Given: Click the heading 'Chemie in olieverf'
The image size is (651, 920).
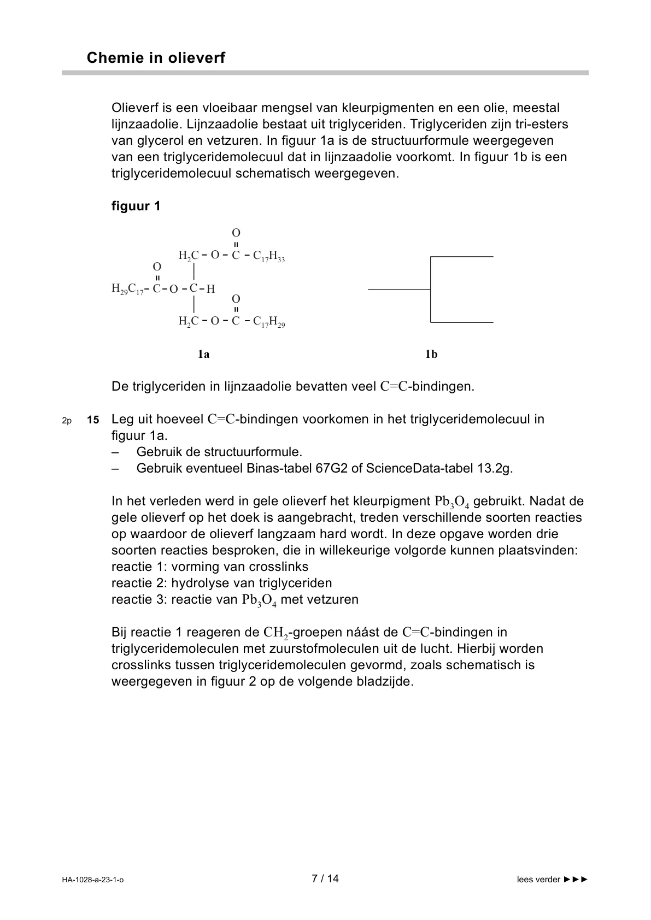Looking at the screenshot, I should (156, 58).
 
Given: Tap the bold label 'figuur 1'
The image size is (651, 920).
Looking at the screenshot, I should (136, 206).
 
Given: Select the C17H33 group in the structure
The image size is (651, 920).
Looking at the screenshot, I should (269, 256).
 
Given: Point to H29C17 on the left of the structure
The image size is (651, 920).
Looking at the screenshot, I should (127, 289).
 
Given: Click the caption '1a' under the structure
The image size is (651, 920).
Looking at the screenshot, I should (203, 354).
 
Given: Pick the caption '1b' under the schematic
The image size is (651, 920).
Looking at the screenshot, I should (431, 354).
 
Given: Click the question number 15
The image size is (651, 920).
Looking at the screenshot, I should (93, 420).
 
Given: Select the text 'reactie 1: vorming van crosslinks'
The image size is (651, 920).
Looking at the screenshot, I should (210, 567).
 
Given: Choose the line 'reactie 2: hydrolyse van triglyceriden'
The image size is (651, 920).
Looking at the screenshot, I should (221, 583).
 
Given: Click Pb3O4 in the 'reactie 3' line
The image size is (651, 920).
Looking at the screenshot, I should (259, 600).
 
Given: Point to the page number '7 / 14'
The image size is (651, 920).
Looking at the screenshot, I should (325, 878).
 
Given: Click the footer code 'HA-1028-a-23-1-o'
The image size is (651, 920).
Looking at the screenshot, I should (93, 880).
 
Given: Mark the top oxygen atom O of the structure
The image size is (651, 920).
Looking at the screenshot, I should (236, 233).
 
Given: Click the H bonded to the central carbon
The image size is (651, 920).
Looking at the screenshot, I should (211, 289).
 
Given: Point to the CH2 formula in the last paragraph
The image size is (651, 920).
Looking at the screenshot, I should (275, 633).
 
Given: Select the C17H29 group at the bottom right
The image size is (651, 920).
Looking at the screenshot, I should (269, 322).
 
